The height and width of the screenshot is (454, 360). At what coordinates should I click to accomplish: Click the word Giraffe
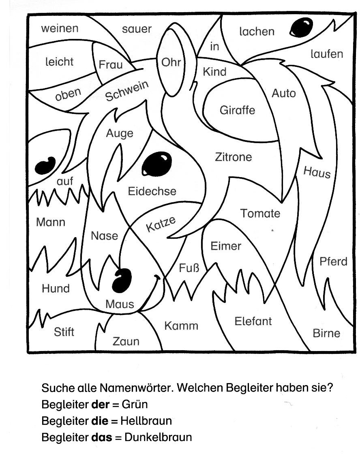237,110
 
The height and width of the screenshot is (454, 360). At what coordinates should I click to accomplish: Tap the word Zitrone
233,157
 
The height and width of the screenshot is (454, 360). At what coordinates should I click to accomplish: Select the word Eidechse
152,191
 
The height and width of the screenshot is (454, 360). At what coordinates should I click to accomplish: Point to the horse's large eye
156,163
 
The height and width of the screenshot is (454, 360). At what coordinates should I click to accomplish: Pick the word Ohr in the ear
171,63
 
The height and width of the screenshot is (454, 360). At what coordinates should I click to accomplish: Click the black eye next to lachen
301,27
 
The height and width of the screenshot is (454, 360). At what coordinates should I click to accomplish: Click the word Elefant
253,321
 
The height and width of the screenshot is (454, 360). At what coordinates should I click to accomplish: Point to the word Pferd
333,261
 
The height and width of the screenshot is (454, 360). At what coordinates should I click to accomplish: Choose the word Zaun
126,342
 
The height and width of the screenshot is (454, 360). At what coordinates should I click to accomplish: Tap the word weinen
60,28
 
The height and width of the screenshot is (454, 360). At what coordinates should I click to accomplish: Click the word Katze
161,224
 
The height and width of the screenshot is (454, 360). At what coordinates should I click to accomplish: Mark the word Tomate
260,213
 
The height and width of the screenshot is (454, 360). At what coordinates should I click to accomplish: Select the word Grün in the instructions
135,404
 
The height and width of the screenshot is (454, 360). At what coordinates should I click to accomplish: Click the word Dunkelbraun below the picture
158,437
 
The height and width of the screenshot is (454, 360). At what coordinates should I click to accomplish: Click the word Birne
326,333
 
